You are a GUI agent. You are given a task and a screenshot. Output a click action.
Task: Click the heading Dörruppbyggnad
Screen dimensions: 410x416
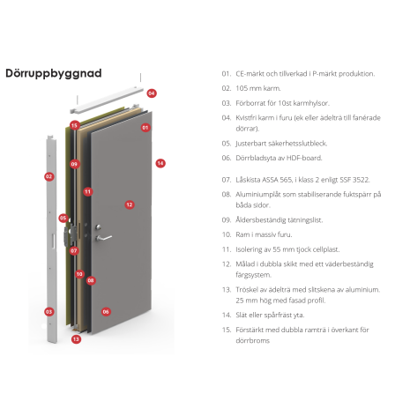(x=54, y=73)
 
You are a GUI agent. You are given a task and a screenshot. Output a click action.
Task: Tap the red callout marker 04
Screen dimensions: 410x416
(x=152, y=93)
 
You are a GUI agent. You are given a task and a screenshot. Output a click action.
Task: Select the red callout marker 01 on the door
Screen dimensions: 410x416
(x=145, y=128)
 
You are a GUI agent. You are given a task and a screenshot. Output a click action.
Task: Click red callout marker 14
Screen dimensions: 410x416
(x=160, y=163)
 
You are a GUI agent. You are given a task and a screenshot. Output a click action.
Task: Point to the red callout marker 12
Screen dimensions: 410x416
(x=130, y=204)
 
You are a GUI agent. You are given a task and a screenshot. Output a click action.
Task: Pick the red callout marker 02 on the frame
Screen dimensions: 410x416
(x=49, y=176)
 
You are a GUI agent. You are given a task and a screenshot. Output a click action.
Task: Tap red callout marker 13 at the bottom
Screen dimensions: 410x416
(x=76, y=339)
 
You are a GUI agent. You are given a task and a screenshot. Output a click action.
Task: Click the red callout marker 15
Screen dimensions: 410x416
(x=75, y=125)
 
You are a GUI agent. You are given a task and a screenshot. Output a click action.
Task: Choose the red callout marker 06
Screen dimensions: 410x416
(x=106, y=312)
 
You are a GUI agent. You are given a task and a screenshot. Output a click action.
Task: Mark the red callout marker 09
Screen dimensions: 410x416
(x=74, y=164)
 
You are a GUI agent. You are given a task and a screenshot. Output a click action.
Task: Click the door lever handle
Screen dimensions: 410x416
(x=103, y=238)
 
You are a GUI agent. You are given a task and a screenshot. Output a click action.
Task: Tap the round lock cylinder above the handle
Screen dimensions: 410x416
(x=98, y=227)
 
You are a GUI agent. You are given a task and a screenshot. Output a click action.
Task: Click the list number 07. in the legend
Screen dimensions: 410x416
(x=227, y=180)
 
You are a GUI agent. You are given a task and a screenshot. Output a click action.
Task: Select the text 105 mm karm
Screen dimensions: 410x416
(x=258, y=88)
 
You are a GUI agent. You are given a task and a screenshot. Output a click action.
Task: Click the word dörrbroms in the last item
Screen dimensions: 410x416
(x=252, y=341)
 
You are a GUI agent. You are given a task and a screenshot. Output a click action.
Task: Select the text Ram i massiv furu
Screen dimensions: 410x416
(x=264, y=234)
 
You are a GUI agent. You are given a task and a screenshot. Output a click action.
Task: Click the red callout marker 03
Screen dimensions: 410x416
(x=49, y=312)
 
